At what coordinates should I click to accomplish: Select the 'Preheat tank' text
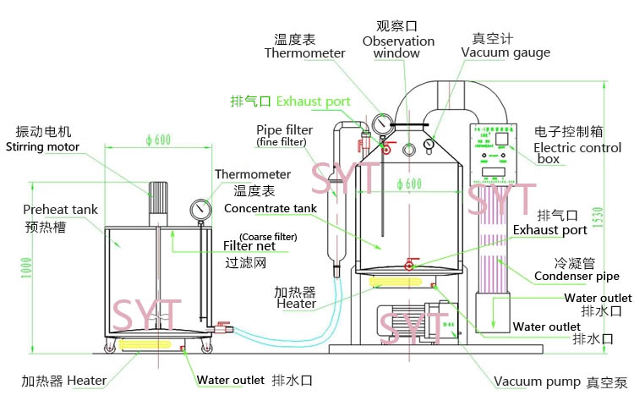60,210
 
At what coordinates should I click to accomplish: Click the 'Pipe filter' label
284,129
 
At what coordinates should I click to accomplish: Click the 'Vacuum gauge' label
506,52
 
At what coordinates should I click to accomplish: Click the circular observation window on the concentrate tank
409,149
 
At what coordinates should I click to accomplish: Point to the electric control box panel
495,156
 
